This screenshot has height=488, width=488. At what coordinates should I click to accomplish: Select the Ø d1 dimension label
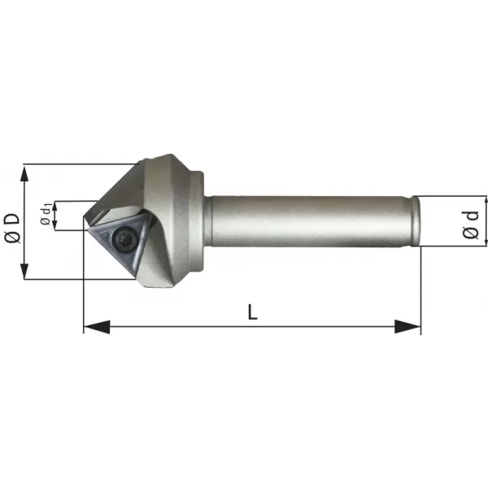tap(46, 214)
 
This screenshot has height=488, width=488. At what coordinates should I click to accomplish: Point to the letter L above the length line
tap(252, 312)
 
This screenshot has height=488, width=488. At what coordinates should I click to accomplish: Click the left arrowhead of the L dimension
tap(97, 327)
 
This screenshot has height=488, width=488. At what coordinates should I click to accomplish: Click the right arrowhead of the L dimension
tap(407, 327)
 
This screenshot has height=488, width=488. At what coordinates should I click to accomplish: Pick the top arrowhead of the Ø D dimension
tap(24, 174)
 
